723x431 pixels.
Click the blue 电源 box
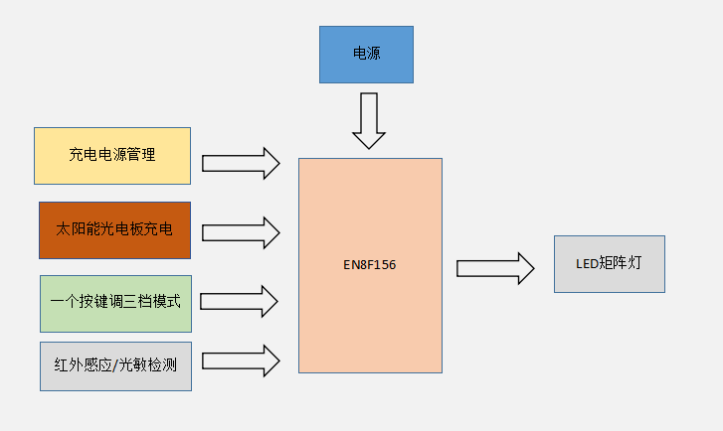click(x=366, y=55)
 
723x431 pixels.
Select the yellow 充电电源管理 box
click(x=112, y=156)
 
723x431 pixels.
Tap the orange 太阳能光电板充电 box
click(x=114, y=230)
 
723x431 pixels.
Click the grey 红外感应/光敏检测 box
click(x=115, y=365)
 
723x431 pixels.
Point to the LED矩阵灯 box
click(x=609, y=264)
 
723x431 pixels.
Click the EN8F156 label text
click(x=370, y=266)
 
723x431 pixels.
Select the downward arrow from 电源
click(x=369, y=120)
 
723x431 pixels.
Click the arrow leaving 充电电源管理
click(x=241, y=163)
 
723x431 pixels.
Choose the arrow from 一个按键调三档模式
click(x=239, y=301)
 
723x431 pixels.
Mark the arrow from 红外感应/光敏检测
click(x=240, y=360)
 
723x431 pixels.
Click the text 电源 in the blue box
click(x=366, y=55)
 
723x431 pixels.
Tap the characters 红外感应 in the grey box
click(x=84, y=365)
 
